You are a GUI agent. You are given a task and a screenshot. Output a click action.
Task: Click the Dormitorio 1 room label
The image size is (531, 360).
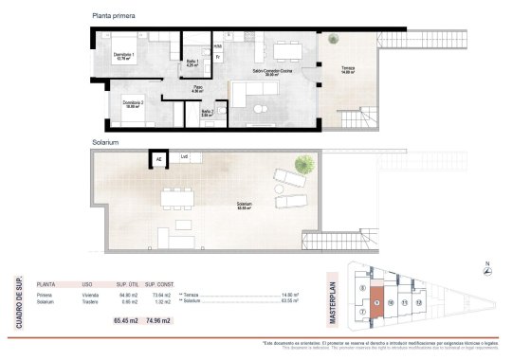[123, 57]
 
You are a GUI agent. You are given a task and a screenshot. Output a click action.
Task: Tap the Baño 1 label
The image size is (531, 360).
[191, 62]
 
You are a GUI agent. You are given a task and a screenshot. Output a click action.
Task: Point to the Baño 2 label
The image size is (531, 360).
[207, 113]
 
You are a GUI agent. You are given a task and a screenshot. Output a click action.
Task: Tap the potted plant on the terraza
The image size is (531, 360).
[333, 40]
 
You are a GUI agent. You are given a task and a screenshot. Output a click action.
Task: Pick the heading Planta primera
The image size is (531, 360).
[113, 16]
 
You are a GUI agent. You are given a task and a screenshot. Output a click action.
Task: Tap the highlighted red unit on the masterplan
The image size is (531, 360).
[376, 302]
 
